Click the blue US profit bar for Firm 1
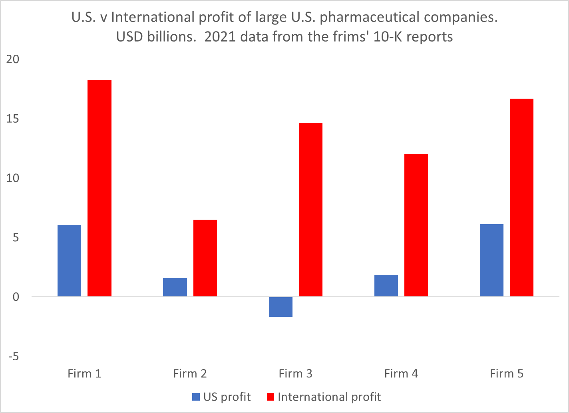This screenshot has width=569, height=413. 70,260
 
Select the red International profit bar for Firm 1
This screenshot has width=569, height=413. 99,188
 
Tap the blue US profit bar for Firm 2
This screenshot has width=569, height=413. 175,287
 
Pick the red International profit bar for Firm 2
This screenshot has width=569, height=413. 205,258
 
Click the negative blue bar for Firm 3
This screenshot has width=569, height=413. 281,307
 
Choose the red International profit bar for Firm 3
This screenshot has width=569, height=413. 310,210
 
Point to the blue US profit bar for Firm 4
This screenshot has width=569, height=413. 386,286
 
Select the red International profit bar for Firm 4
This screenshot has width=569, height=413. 416,225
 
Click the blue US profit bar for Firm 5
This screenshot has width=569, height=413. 491,260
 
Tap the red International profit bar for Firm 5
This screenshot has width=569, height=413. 521,197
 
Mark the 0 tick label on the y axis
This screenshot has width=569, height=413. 16,297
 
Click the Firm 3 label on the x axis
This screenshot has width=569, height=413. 295,374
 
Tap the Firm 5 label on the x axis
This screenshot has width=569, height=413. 506,374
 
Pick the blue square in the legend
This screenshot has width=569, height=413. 196,397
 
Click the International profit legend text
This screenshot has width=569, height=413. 329,397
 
